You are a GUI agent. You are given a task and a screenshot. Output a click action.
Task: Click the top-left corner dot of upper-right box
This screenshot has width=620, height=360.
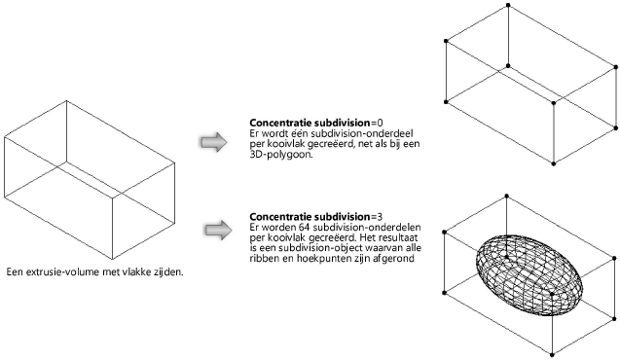pyautogui.click(x=446, y=41)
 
